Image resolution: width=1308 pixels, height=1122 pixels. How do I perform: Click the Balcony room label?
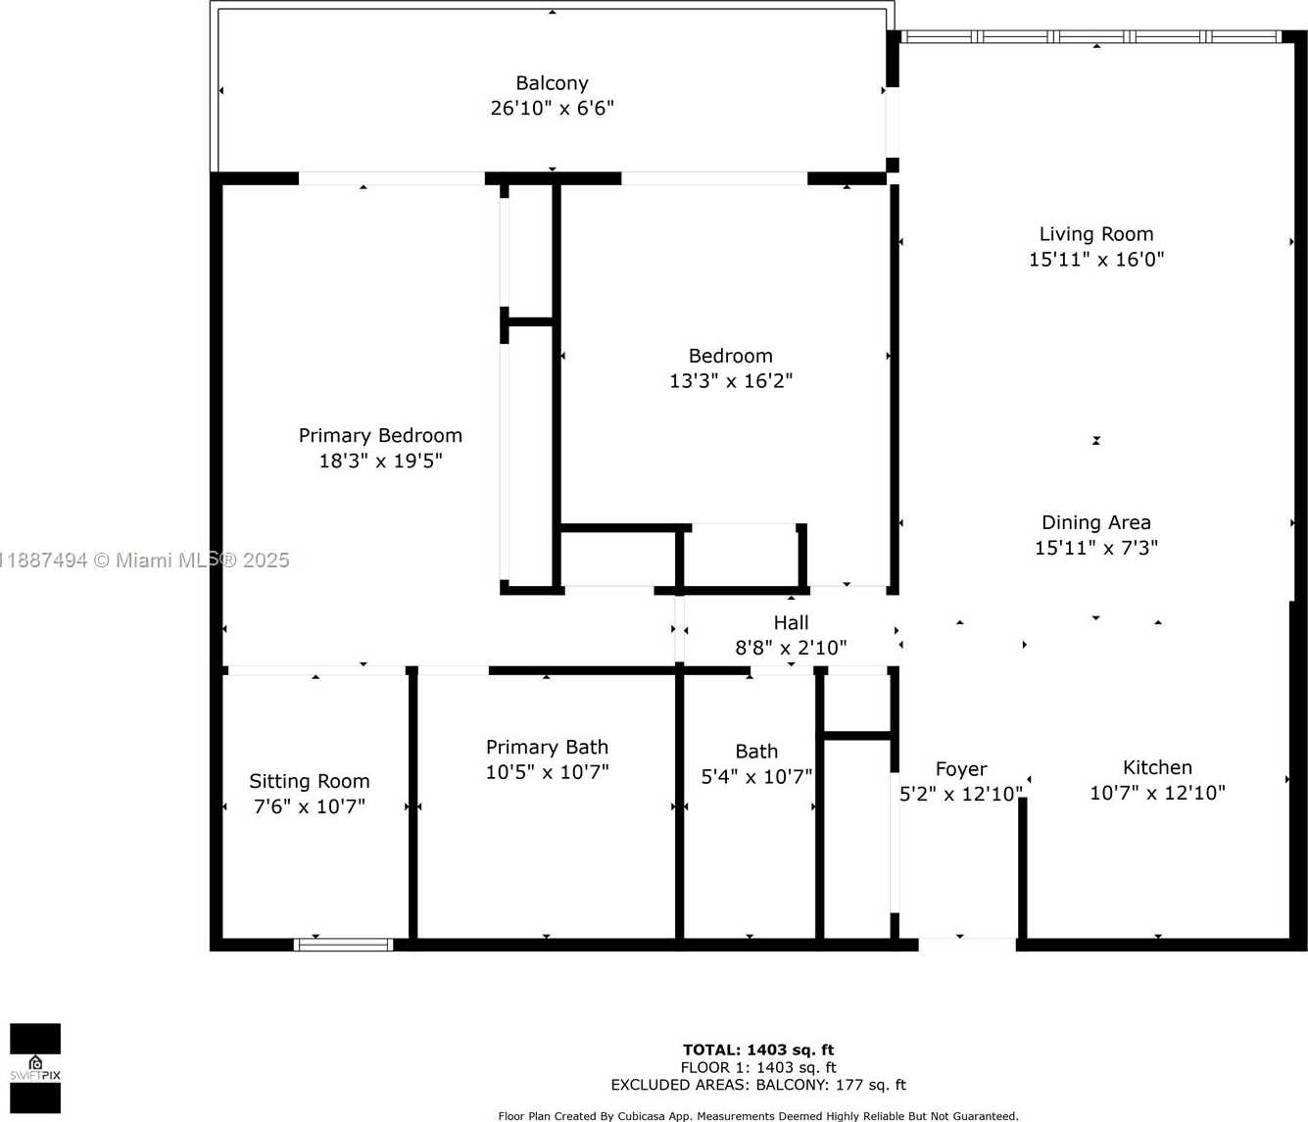[x=552, y=83]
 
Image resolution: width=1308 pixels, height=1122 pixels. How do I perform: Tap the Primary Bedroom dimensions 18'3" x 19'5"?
[x=380, y=461]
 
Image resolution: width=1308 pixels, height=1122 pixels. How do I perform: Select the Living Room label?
[x=1096, y=235]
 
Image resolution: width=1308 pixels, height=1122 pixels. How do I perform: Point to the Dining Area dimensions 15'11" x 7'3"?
[x=1096, y=548]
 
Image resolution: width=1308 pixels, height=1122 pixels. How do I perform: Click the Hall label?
[x=791, y=622]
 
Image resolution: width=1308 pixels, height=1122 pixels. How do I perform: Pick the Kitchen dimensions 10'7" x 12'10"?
[x=1157, y=793]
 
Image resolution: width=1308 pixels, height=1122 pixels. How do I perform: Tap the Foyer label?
[x=961, y=769]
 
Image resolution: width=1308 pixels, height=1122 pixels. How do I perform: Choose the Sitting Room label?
[x=310, y=782]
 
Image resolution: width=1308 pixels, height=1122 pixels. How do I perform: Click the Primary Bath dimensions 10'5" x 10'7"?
[x=548, y=772]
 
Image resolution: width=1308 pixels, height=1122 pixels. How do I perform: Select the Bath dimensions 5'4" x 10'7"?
[x=756, y=776]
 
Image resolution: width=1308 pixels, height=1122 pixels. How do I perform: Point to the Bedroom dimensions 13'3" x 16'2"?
[x=731, y=381]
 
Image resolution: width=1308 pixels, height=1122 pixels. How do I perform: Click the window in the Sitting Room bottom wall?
[x=344, y=945]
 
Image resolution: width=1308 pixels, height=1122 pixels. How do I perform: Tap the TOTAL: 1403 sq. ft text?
[x=758, y=1049]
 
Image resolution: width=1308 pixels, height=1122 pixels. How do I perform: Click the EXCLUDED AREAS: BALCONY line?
[x=758, y=1085]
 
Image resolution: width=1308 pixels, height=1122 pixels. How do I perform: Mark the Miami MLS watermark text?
[x=144, y=561]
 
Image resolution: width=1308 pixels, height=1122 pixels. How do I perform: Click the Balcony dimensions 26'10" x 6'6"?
[x=552, y=108]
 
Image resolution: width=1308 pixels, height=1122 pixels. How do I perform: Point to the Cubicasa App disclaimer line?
[x=758, y=1116]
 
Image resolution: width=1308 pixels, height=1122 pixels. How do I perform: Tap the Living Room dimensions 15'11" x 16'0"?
[x=1096, y=260]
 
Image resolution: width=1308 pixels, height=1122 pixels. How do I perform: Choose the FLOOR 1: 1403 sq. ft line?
[x=758, y=1067]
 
